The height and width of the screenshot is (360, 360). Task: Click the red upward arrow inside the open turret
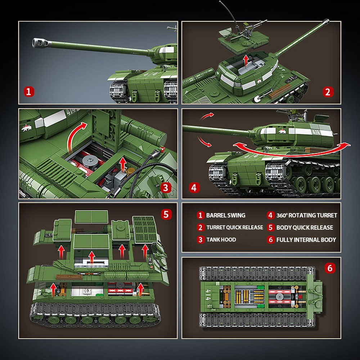click(246, 60)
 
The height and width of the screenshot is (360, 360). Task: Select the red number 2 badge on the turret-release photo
click(327, 92)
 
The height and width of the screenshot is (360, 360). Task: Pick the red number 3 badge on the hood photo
click(165, 187)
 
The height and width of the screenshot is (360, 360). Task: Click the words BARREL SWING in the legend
click(225, 215)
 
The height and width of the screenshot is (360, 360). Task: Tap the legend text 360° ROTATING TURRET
click(306, 215)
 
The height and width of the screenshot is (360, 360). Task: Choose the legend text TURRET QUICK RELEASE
click(234, 228)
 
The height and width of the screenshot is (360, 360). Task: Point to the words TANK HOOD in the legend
click(221, 240)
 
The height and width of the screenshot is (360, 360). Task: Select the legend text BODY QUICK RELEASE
click(305, 228)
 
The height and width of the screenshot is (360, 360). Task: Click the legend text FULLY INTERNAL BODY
click(306, 240)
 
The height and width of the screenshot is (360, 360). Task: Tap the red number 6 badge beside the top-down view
click(330, 268)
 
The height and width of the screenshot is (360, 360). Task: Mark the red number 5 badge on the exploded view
click(166, 214)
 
